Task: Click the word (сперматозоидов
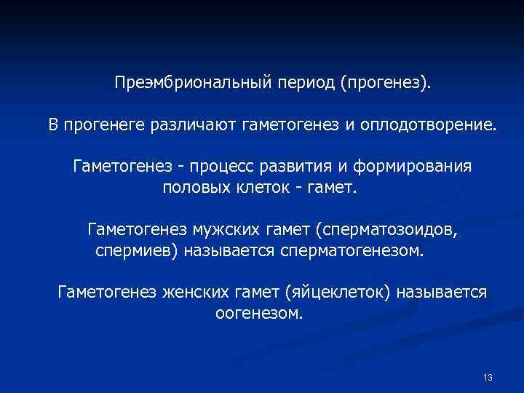click(x=387, y=230)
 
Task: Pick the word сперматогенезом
click(x=357, y=251)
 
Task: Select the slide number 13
click(x=488, y=377)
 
